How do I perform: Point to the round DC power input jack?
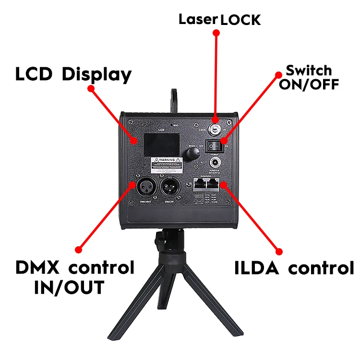tap(215, 161)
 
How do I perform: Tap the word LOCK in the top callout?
tap(240, 20)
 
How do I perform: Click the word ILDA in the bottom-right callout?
tap(257, 268)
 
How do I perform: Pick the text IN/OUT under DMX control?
tap(69, 288)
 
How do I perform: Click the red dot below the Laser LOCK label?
tap(216, 33)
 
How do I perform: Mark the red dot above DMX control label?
tap(79, 249)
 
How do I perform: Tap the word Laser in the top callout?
tap(198, 20)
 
